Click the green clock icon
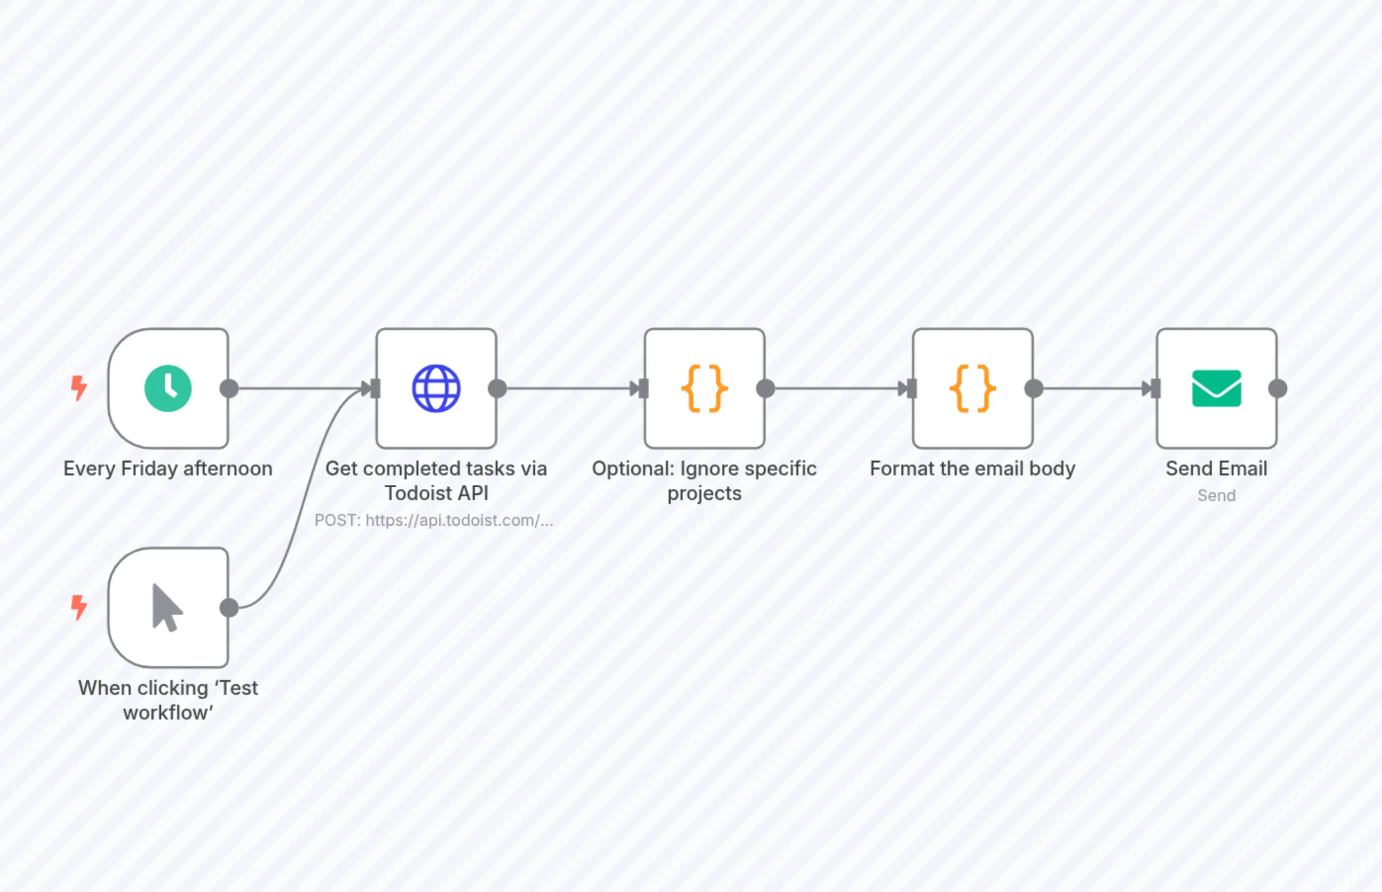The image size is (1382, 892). pyautogui.click(x=168, y=388)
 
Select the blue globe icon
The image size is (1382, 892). pyautogui.click(x=436, y=388)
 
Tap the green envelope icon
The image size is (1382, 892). pyautogui.click(x=1216, y=388)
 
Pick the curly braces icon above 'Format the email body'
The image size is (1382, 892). pyautogui.click(x=972, y=388)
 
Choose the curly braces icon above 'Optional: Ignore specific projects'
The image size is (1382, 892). pyautogui.click(x=704, y=388)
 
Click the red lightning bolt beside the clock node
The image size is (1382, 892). pyautogui.click(x=79, y=387)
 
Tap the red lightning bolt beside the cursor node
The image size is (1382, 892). pyautogui.click(x=79, y=607)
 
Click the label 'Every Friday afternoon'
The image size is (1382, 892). pyautogui.click(x=168, y=468)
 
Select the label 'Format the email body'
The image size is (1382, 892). pyautogui.click(x=972, y=468)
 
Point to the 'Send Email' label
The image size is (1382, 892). pyautogui.click(x=1216, y=468)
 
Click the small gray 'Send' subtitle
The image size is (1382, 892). pyautogui.click(x=1216, y=495)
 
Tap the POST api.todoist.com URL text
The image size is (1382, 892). pyautogui.click(x=434, y=520)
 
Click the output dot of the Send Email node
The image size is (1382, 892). pyautogui.click(x=1278, y=388)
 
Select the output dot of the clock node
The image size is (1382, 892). pyautogui.click(x=229, y=388)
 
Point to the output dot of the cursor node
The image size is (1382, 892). pyautogui.click(x=229, y=608)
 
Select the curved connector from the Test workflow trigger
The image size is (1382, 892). pyautogui.click(x=301, y=510)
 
